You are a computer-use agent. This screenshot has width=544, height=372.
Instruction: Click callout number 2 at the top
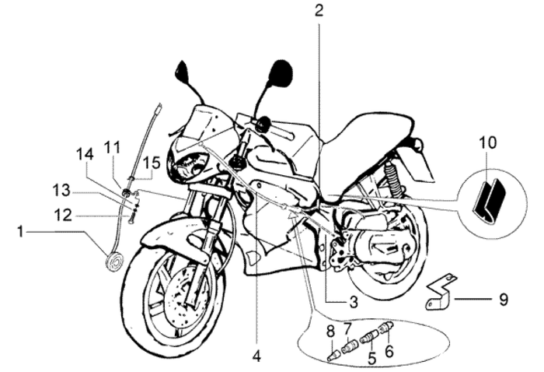(x=319, y=11)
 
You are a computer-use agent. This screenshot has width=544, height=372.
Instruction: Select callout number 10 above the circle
(x=486, y=143)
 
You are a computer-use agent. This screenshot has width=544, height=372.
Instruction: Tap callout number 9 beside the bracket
(x=504, y=297)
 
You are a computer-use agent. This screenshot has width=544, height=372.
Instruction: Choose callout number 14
(x=85, y=155)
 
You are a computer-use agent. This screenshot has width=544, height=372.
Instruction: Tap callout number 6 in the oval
(x=389, y=330)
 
